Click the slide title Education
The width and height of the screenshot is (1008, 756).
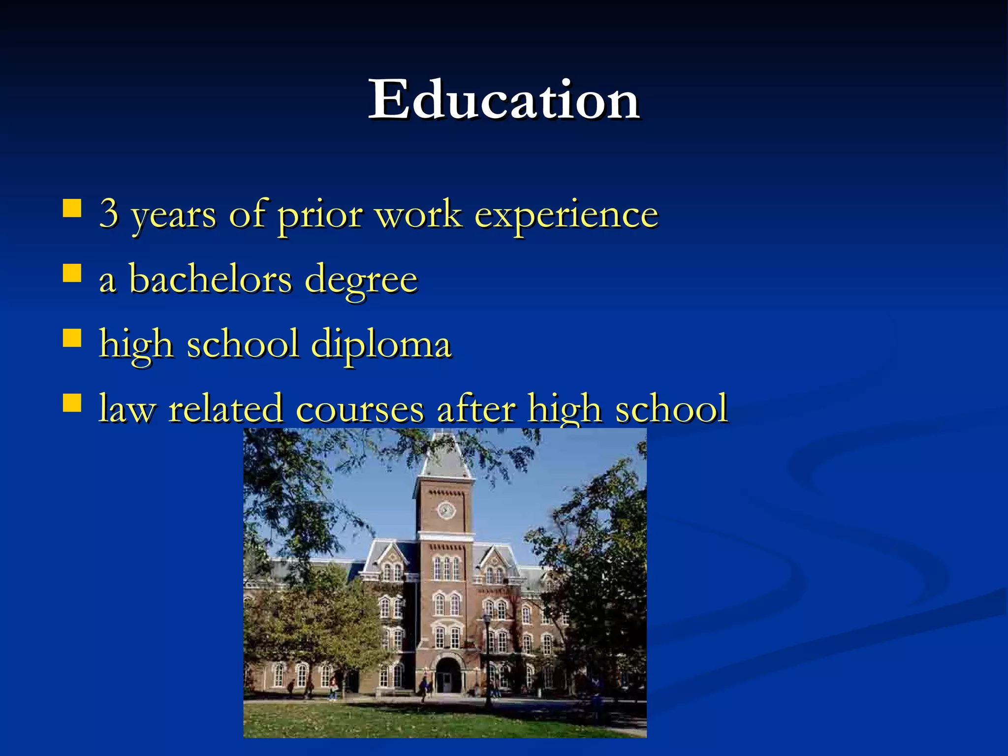click(504, 100)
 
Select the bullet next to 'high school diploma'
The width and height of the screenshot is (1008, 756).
click(72, 338)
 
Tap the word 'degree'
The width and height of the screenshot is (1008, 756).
click(361, 281)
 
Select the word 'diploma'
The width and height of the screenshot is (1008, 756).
click(381, 345)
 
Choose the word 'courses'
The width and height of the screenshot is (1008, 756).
click(359, 409)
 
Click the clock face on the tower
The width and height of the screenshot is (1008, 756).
click(446, 510)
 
